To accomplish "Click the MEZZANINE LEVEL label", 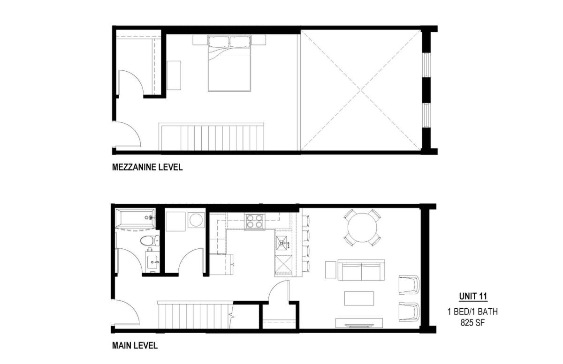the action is click(147, 167).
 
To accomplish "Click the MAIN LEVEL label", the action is click(135, 345).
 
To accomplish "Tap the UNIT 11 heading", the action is click(473, 297).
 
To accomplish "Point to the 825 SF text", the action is click(472, 322).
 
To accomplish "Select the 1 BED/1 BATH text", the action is click(472, 312).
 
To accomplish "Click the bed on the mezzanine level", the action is click(229, 63).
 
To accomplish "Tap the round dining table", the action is click(362, 227).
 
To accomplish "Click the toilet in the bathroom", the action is click(150, 241).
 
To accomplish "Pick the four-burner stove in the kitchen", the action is click(255, 222).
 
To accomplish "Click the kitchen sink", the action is click(283, 243).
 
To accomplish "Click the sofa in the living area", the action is click(361, 270).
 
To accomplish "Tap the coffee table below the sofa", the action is click(359, 298).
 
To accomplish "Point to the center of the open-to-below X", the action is click(361, 90).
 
